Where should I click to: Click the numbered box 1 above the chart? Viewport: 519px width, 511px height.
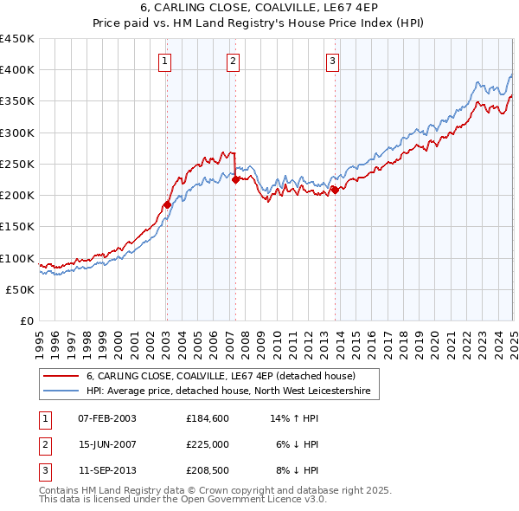pos(164,61)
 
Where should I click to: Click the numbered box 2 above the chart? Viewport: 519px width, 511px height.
pos(234,61)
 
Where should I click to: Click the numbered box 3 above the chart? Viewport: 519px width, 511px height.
pos(333,61)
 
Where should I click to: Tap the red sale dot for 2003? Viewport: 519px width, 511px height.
pos(167,205)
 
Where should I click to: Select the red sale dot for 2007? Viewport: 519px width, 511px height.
pos(235,179)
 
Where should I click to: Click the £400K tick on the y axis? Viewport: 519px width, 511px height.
pos(17,70)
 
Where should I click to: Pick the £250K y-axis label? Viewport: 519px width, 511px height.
pos(17,164)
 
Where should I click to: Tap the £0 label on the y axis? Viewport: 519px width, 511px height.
pos(26,320)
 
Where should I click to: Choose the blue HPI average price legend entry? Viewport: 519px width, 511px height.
pos(227,391)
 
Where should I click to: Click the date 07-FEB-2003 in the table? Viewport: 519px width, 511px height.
pos(107,418)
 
